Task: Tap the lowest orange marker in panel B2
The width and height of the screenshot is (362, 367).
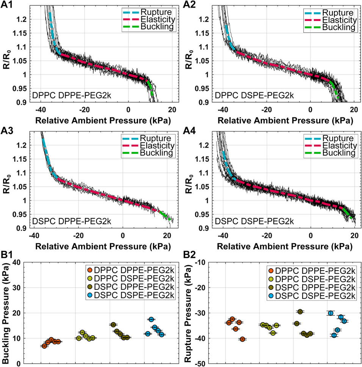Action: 243,339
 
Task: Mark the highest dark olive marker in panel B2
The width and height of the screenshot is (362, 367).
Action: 300,312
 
